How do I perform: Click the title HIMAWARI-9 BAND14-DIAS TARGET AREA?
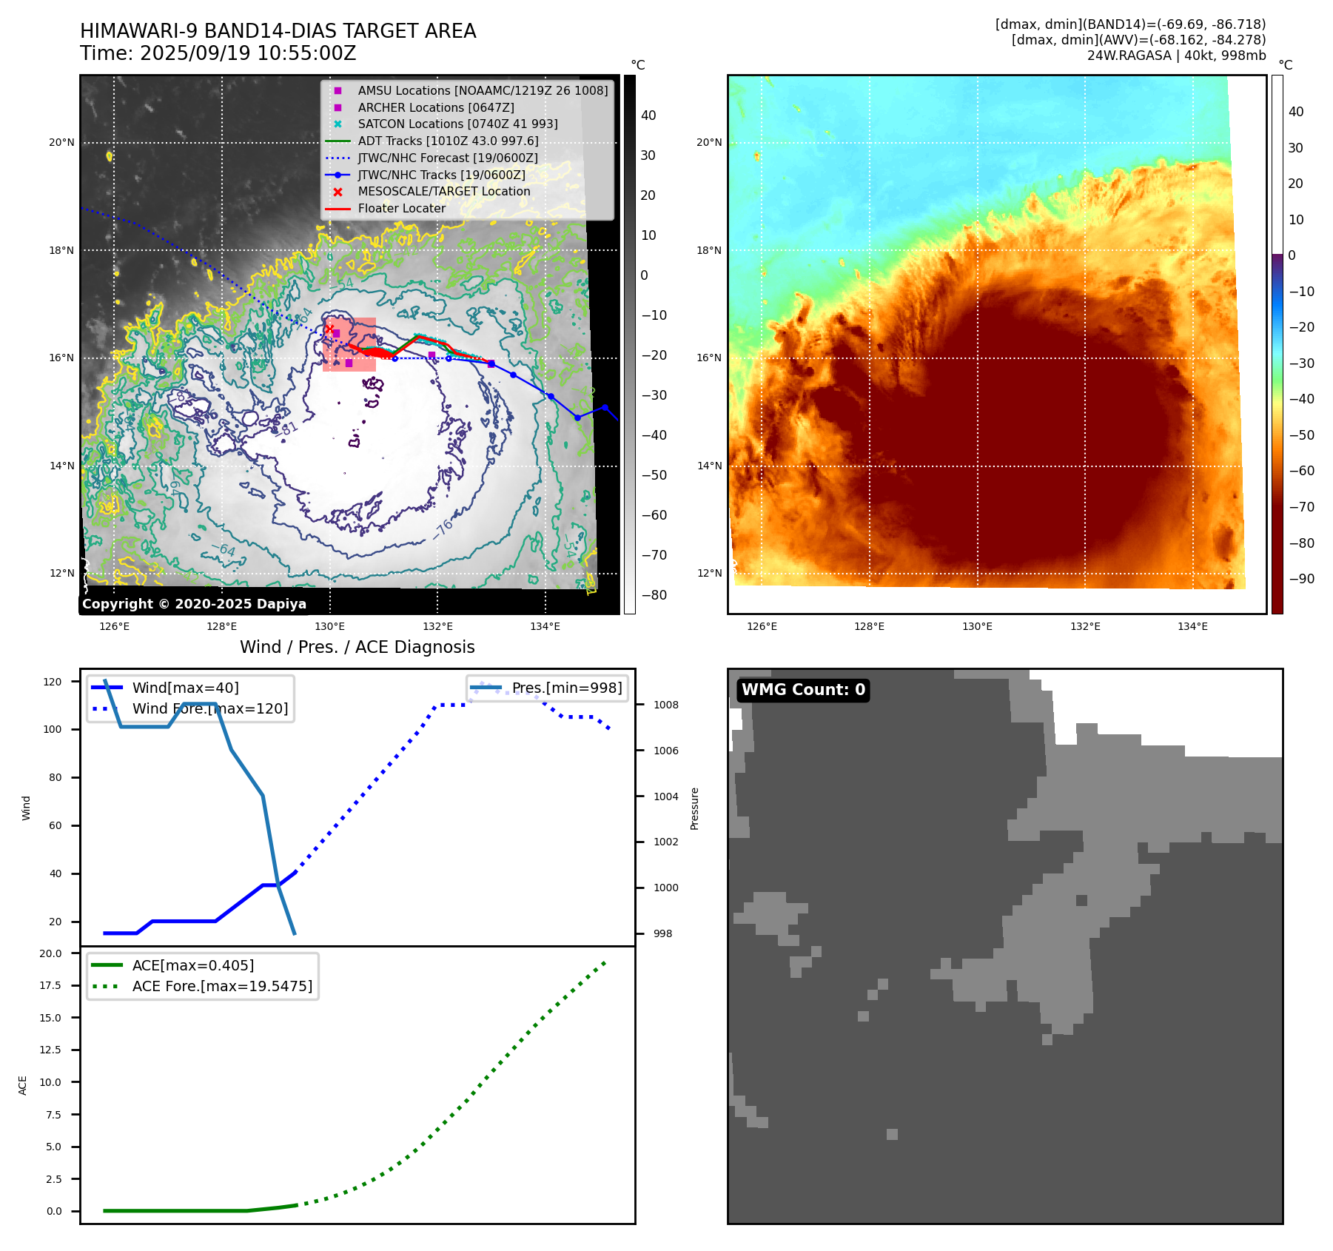point(278,31)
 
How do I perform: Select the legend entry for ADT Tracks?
point(448,141)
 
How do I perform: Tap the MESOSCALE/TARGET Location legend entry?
point(443,191)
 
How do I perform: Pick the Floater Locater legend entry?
point(401,208)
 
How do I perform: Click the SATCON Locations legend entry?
point(457,124)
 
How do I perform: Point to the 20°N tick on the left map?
point(61,142)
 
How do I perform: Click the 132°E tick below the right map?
point(1085,626)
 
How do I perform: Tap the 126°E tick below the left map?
point(114,626)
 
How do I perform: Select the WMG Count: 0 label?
point(803,690)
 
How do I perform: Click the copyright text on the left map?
point(194,604)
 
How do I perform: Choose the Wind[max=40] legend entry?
point(185,688)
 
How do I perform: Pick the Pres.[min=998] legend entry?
point(567,688)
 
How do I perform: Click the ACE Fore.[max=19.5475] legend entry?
point(222,986)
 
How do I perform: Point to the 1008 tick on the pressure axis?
point(665,705)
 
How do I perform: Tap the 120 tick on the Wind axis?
point(53,682)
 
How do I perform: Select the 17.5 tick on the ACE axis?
point(51,985)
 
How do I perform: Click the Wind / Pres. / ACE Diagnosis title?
point(357,647)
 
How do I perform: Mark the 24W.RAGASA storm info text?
point(1176,56)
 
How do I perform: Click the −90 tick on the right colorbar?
point(1301,579)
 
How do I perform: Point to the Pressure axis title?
point(694,808)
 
